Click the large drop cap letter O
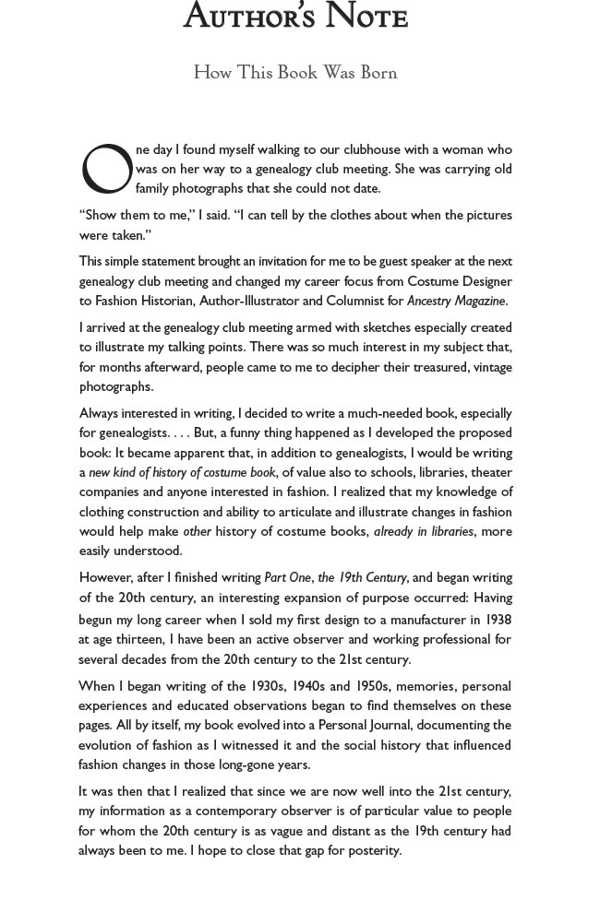point(106,169)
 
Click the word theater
point(488,472)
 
